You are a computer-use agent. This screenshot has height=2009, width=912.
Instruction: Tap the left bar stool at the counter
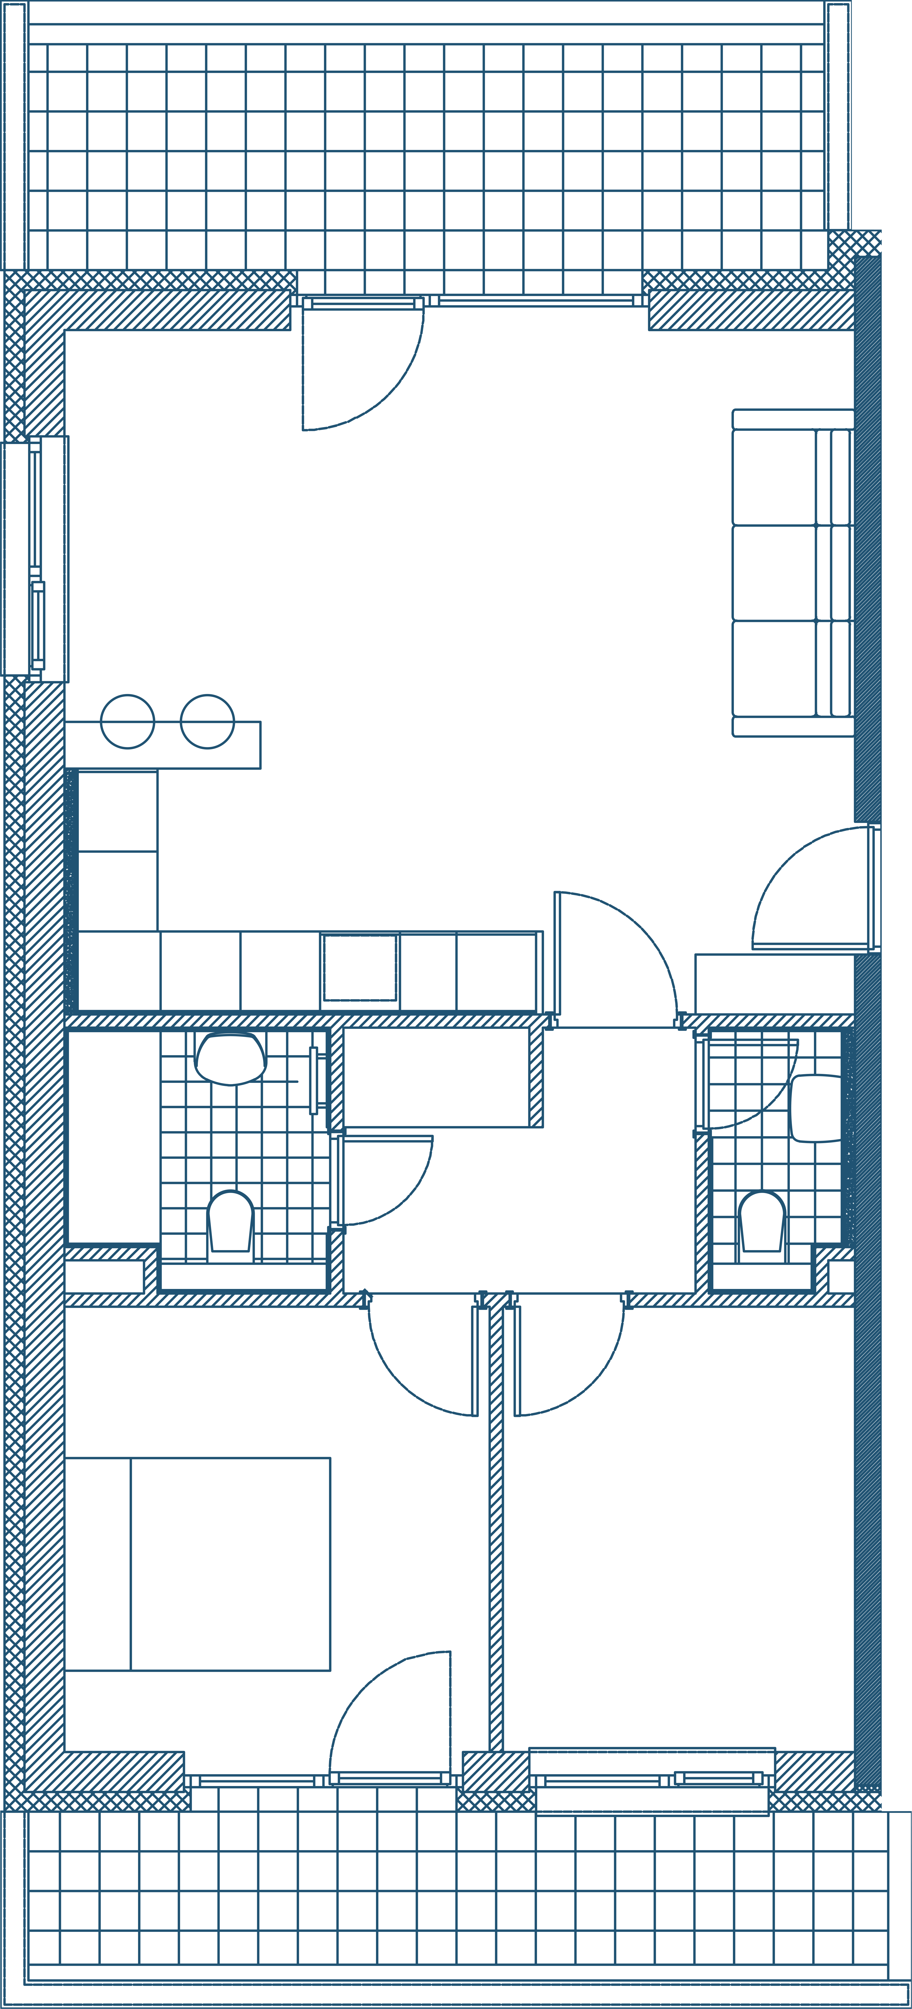point(128,721)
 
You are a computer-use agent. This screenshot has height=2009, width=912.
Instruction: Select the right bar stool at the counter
point(207,721)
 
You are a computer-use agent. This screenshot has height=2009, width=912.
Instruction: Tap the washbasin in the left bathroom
point(231,1058)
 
